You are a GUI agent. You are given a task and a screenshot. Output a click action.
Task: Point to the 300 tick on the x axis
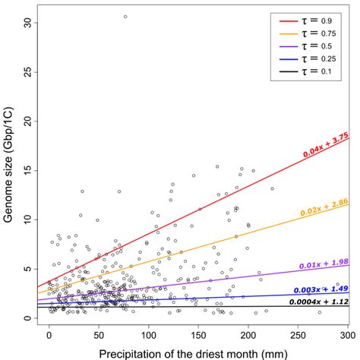346,335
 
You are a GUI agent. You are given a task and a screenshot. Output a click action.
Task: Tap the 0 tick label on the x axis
49,335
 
